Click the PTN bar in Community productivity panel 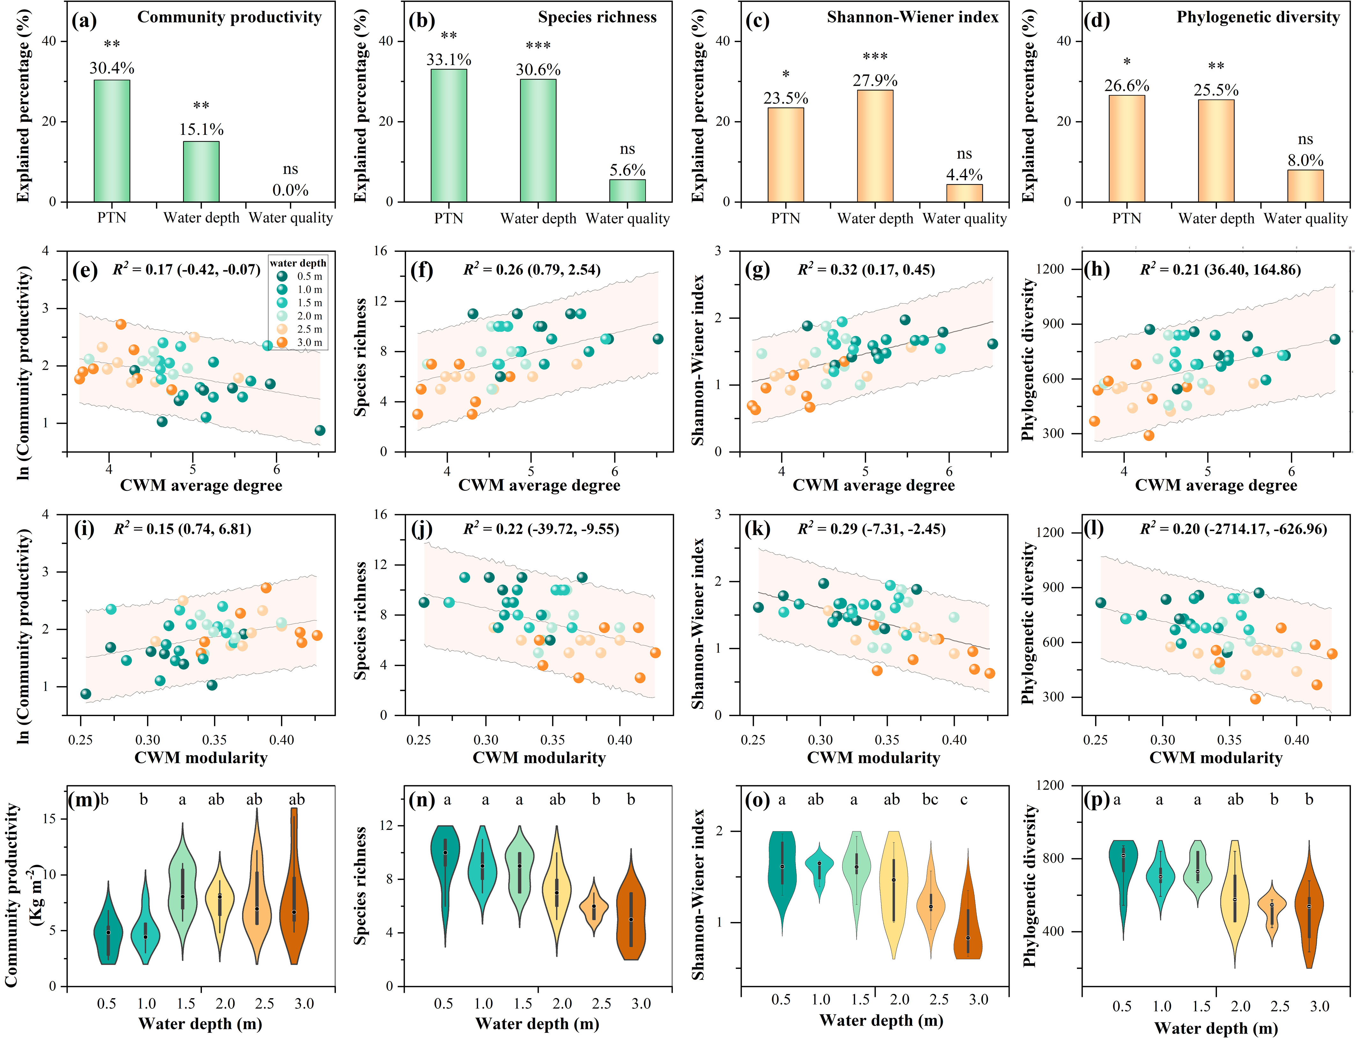tap(112, 141)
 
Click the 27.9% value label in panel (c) tap(875, 80)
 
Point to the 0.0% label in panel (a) tap(290, 190)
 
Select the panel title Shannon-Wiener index tap(912, 17)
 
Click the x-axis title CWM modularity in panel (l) tap(1215, 758)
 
